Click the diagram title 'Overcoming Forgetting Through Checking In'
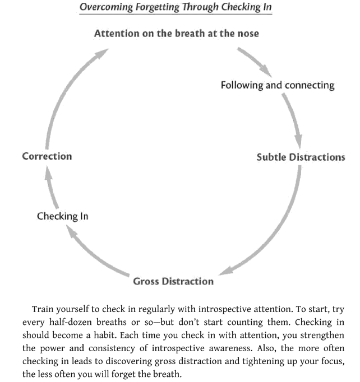[x=176, y=7]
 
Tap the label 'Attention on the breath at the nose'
[x=176, y=34]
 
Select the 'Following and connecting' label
[x=277, y=85]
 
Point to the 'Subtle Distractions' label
[x=301, y=157]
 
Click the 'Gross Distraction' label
[x=173, y=281]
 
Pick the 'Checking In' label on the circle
[x=62, y=216]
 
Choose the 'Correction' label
[x=47, y=156]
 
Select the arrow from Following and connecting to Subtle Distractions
[x=294, y=120]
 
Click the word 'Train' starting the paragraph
[x=43, y=309]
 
